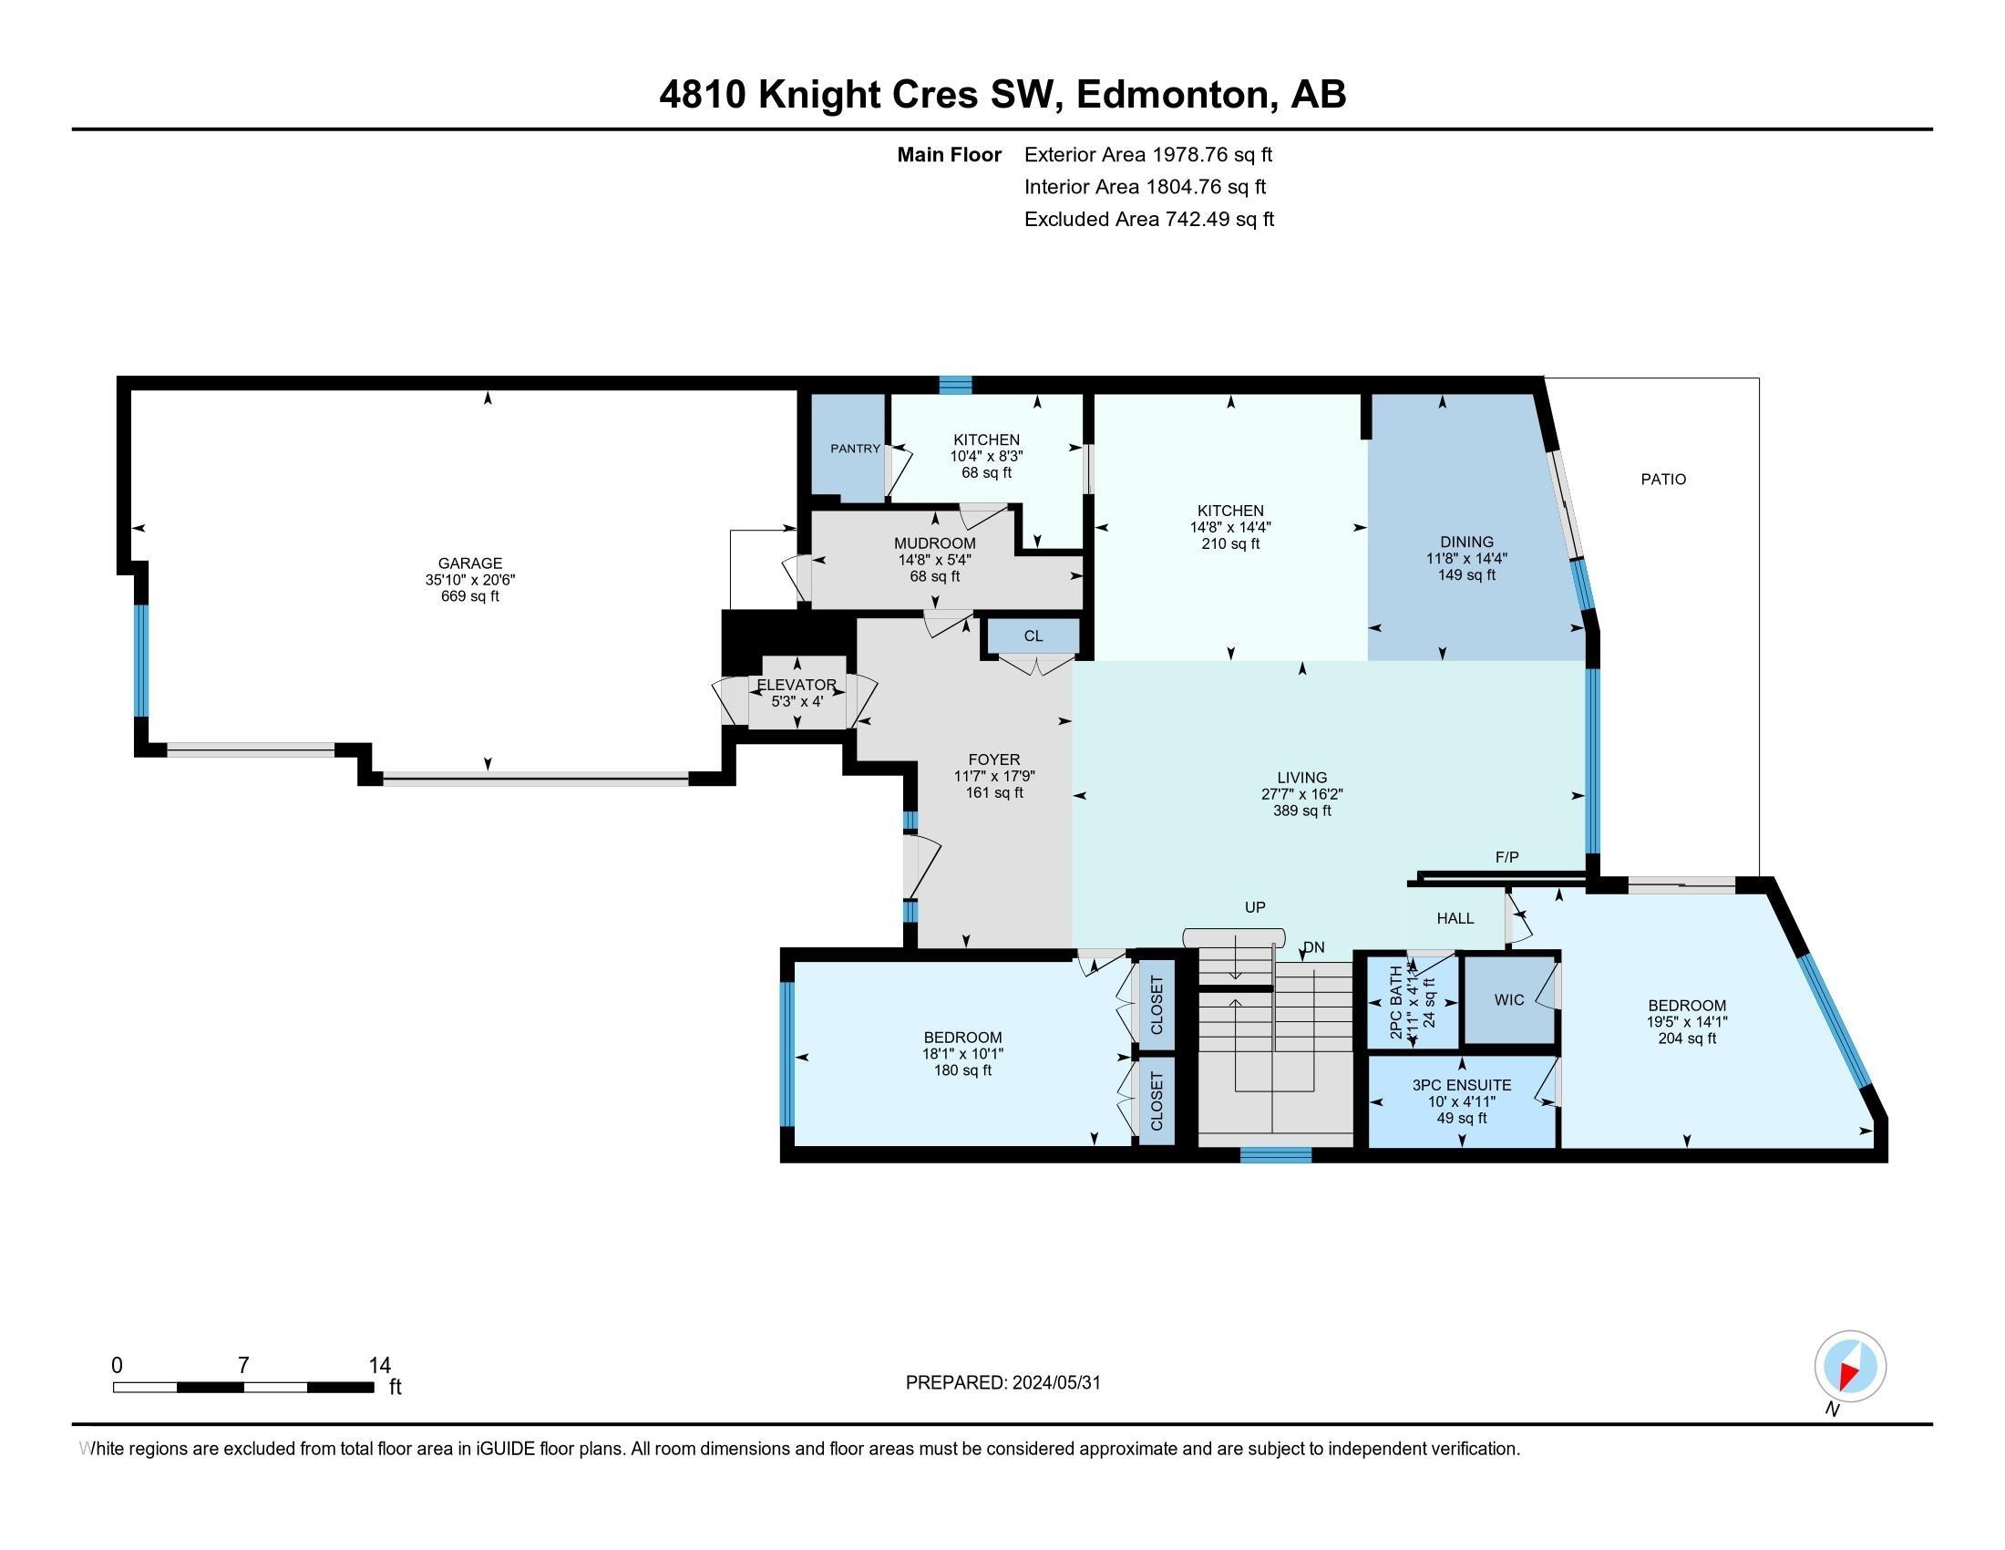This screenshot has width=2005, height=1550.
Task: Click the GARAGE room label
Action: pos(469,563)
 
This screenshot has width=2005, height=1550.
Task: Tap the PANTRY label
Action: pos(855,448)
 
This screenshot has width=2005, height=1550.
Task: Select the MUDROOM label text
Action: pos(934,543)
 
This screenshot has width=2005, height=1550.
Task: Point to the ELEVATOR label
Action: pos(796,685)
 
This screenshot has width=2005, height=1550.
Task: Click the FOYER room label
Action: pos(994,759)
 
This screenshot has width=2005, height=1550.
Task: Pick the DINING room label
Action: pos(1466,542)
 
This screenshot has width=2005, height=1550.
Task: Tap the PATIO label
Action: pos(1663,479)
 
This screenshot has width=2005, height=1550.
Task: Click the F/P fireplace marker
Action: pos(1506,857)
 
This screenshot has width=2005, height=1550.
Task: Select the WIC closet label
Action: pos(1508,999)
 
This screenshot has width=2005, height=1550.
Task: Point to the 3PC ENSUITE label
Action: pos(1462,1084)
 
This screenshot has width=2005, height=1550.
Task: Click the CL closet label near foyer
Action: pos(1033,635)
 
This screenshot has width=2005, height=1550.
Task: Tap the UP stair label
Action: pos(1255,906)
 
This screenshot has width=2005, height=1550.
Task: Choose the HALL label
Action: pos(1455,917)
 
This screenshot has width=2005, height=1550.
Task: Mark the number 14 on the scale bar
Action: pos(379,1366)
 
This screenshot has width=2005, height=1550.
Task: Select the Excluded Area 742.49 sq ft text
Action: pos(1148,219)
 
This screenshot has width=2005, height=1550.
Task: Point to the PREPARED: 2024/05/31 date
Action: pos(1002,1382)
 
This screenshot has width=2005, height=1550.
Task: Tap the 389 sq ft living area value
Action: pos(1301,811)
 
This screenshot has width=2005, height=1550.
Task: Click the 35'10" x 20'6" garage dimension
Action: pos(469,579)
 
